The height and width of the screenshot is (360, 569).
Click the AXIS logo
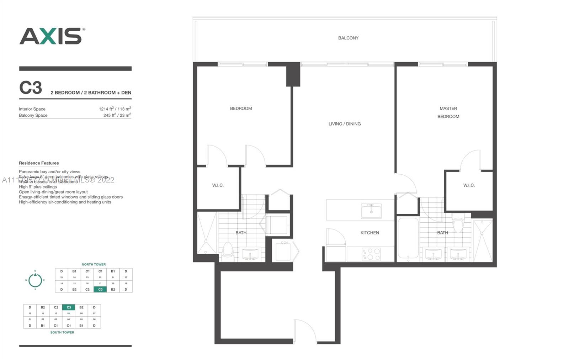(x=52, y=36)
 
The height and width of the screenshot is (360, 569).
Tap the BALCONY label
(x=348, y=38)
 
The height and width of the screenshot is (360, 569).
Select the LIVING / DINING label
(x=344, y=124)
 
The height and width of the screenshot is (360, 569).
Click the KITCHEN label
(x=369, y=233)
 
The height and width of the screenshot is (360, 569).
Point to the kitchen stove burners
(x=371, y=254)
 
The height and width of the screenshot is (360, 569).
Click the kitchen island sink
(x=371, y=211)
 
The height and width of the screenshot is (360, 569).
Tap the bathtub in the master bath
(x=408, y=238)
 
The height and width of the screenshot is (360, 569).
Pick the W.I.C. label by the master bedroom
(x=469, y=185)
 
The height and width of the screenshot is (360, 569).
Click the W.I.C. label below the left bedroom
(x=218, y=185)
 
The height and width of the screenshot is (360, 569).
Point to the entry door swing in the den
(x=305, y=331)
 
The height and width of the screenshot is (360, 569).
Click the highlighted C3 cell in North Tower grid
(x=100, y=289)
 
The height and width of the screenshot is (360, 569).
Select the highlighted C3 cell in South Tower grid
(x=69, y=307)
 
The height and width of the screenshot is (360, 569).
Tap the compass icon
(x=35, y=280)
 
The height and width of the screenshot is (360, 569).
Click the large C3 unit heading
(x=31, y=88)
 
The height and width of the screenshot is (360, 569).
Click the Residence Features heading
(x=39, y=163)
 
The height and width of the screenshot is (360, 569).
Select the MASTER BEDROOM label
(x=448, y=112)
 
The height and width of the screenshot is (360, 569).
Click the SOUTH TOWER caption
(x=62, y=332)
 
